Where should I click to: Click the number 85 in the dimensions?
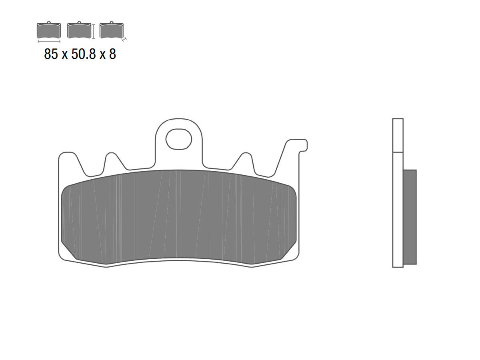coord(51,54)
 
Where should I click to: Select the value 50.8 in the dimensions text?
coord(84,54)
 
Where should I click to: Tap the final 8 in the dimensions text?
coord(112,54)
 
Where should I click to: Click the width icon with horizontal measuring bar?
coord(49,32)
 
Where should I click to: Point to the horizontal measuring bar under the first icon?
coord(49,41)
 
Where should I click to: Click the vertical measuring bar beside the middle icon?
coord(94,32)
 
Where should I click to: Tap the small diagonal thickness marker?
coord(124,39)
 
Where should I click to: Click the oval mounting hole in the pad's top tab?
coord(179,139)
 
